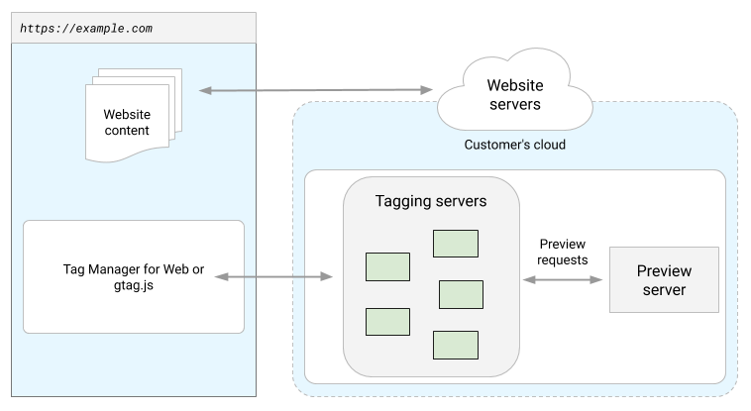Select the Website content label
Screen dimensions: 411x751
click(127, 123)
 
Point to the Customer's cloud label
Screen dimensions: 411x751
click(515, 145)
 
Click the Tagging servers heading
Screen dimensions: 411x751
click(430, 201)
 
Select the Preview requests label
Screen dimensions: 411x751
click(562, 252)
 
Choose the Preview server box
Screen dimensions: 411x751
click(663, 280)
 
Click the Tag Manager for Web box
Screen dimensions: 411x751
click(133, 276)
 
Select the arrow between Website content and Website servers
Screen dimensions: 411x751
click(317, 90)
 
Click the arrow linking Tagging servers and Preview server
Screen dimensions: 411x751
click(562, 280)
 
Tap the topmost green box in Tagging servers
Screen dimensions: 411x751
click(455, 243)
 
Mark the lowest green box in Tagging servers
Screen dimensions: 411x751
click(455, 344)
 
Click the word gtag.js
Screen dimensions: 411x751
click(133, 286)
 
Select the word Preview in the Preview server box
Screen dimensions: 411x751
click(663, 271)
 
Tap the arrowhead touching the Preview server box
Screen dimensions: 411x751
click(596, 280)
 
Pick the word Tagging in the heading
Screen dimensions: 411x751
click(404, 201)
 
